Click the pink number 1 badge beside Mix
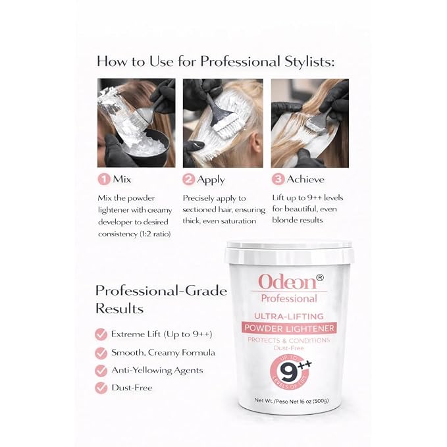click(x=104, y=179)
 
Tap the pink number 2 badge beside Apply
click(x=188, y=180)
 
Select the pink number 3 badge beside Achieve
click(x=278, y=179)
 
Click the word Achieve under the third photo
click(x=305, y=179)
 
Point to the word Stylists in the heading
click(x=309, y=62)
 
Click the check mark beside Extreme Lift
click(x=101, y=334)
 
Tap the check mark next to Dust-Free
click(x=101, y=388)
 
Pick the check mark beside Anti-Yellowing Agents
click(x=101, y=371)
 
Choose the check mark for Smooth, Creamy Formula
click(x=101, y=353)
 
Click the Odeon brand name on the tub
click(x=287, y=282)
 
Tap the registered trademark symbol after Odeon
click(x=320, y=277)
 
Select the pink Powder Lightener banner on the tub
click(x=289, y=328)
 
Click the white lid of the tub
click(x=289, y=251)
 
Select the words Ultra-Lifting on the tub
click(x=289, y=317)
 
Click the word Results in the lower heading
click(x=119, y=309)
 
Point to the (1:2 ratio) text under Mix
click(x=155, y=234)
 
